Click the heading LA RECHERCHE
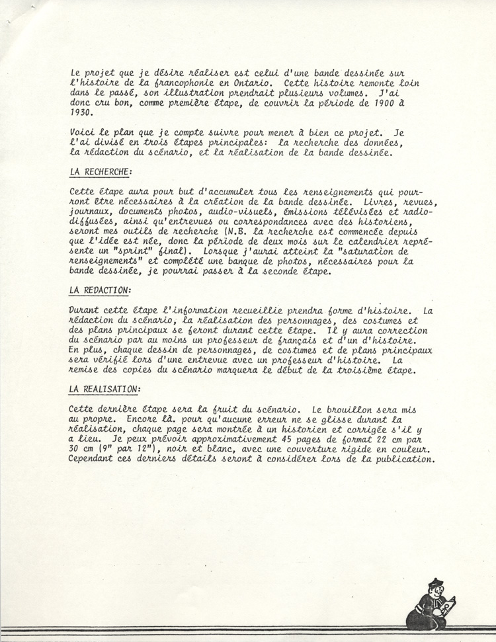click(x=100, y=172)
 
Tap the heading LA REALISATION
click(x=104, y=390)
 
